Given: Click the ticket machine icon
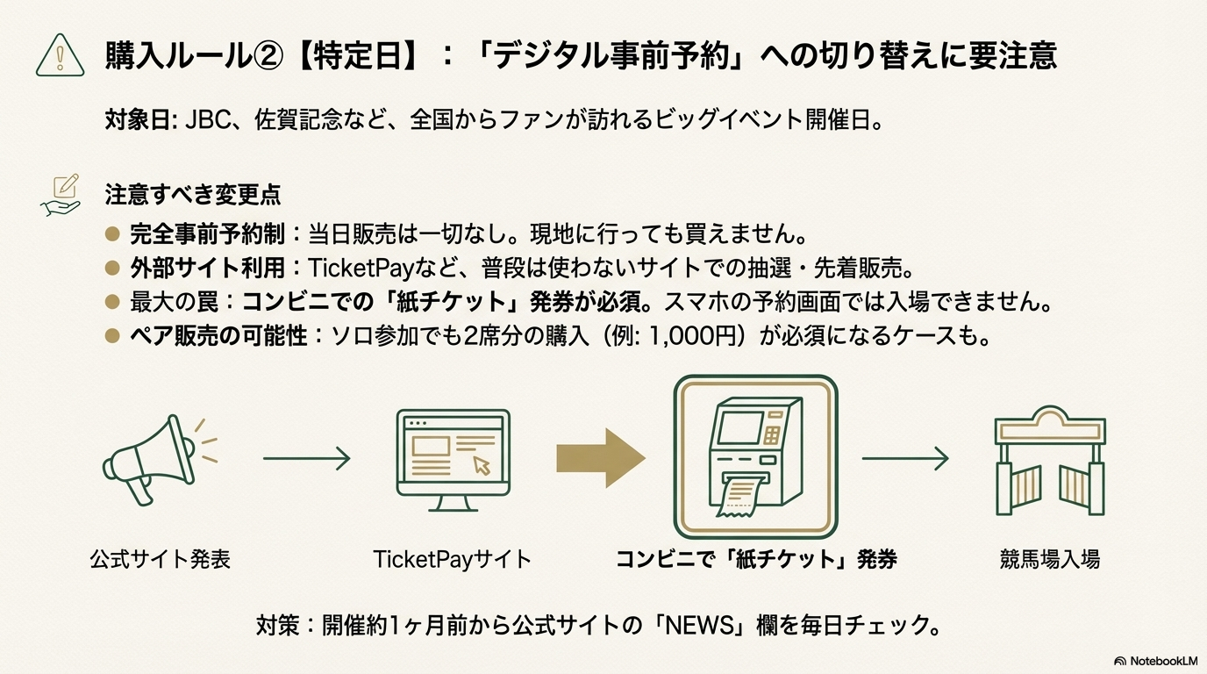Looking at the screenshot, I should click(x=755, y=456).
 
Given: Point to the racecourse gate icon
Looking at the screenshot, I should click(x=1050, y=461).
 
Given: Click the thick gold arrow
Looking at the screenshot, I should click(x=600, y=458).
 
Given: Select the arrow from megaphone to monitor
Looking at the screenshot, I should click(x=306, y=458).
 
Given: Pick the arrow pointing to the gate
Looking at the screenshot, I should click(x=905, y=458).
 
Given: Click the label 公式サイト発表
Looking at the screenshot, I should click(x=160, y=559).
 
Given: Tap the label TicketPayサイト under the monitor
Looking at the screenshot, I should click(x=453, y=559).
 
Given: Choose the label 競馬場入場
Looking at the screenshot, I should click(x=1050, y=559).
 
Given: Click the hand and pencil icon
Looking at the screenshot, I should click(x=61, y=194).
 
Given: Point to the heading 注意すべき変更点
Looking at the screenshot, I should click(x=193, y=194).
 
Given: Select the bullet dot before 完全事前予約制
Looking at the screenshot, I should click(x=111, y=234).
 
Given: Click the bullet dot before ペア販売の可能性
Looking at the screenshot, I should click(x=111, y=335).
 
